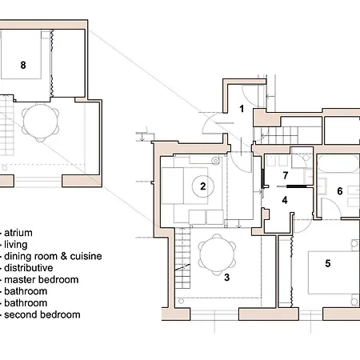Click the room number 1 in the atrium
coord(242,109)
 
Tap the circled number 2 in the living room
coord(203,186)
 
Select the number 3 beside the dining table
coord(226,278)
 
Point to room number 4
coord(285,200)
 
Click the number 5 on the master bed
coord(328,263)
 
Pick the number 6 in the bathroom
coord(340,191)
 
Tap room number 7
coord(286,175)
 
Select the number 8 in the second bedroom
coord(23,65)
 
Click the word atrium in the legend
coord(18,233)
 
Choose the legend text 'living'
coord(16,245)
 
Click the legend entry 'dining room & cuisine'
coord(53,256)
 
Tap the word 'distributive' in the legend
coord(29,268)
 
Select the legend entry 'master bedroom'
coord(42,279)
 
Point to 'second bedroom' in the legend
coord(42,314)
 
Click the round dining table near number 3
coord(217,254)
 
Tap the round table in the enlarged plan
coord(41,122)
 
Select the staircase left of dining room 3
coord(182,258)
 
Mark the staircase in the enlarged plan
coord(6,126)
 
